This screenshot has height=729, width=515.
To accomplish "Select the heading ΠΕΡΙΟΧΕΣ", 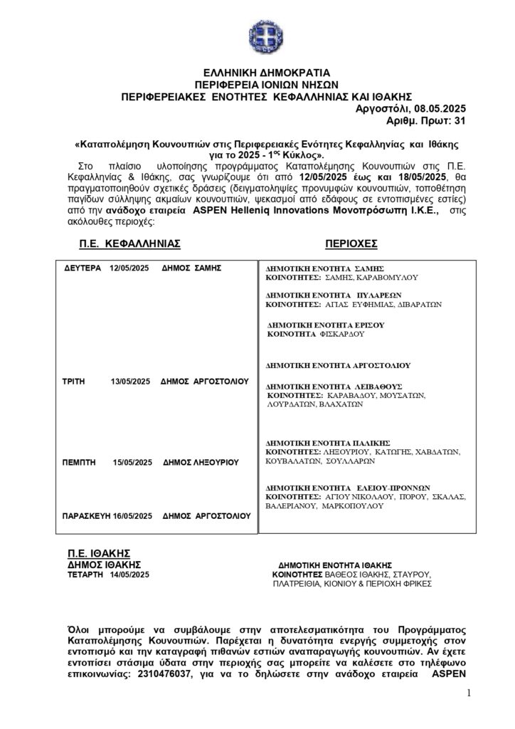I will coord(351,243).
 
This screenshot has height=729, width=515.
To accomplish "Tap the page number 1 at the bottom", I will coord(469,694).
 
